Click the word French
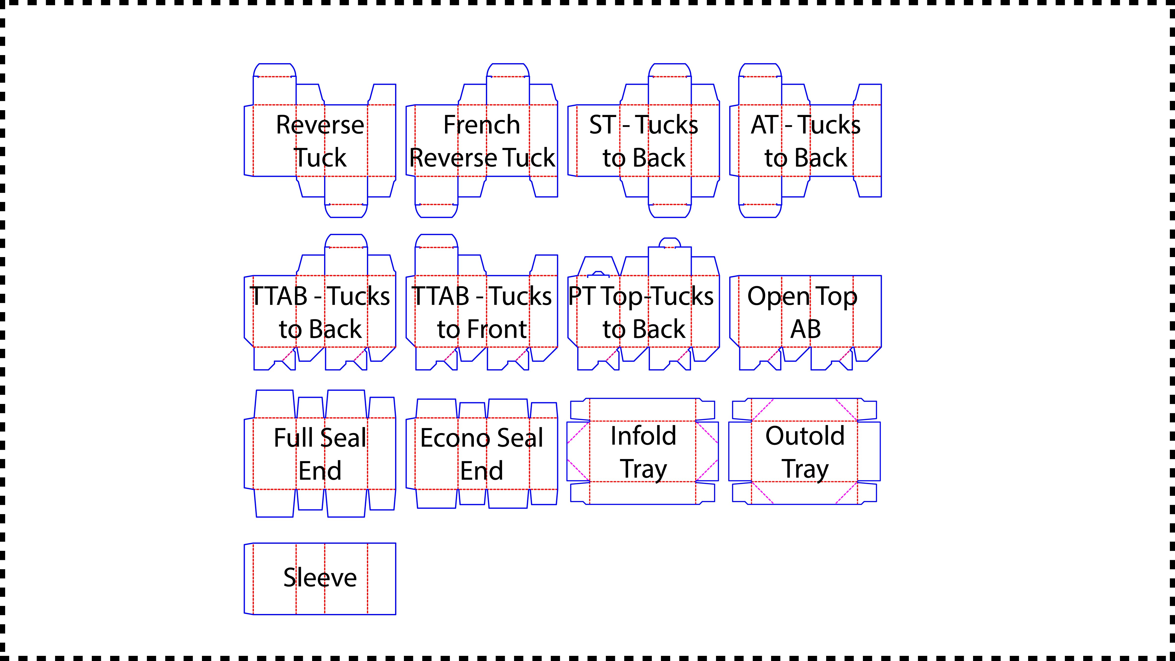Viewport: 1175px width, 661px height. (x=482, y=125)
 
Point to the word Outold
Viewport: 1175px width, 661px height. (x=805, y=436)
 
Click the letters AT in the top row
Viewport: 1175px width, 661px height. (x=764, y=125)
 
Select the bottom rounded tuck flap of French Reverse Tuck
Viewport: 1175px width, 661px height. (x=436, y=211)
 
